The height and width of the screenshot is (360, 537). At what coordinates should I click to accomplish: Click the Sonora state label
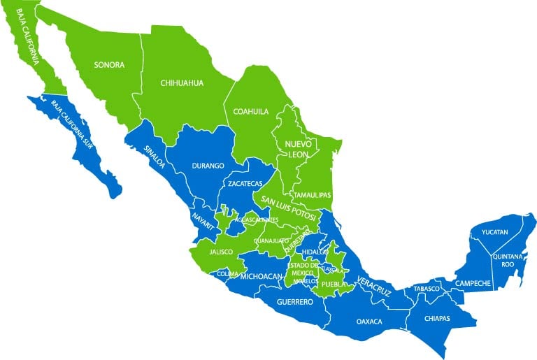coord(110,65)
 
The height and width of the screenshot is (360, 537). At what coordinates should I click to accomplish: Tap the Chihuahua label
coord(182,82)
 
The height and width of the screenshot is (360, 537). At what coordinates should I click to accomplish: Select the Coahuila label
coord(251,110)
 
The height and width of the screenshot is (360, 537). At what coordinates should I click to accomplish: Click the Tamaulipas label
coord(313,195)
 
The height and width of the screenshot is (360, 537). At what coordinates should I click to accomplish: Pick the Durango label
coord(208,166)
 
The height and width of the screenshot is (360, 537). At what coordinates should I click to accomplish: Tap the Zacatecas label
coord(245,183)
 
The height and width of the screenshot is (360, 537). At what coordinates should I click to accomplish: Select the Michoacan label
coord(260,277)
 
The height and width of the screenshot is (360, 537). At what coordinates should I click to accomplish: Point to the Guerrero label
coord(294,303)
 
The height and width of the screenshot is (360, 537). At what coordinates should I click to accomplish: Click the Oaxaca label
coord(369,322)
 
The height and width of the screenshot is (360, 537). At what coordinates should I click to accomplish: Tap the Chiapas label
coord(437,318)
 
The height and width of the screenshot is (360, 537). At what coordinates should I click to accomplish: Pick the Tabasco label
coord(426,289)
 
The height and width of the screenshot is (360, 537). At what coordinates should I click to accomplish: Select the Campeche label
coord(473,283)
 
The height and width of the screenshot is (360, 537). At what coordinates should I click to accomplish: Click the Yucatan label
coord(494,231)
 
